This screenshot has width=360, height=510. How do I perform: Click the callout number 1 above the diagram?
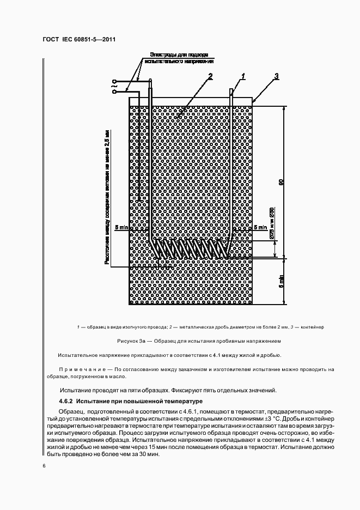point(243,76)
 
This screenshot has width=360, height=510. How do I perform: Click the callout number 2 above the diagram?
point(210,76)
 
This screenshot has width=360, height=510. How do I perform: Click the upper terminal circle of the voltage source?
point(115,81)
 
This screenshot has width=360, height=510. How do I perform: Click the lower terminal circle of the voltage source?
point(115,93)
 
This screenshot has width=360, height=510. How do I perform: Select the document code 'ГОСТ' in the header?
point(51,40)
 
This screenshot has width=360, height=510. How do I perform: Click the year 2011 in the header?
point(107,40)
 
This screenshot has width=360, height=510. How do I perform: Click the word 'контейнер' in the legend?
point(312,327)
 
